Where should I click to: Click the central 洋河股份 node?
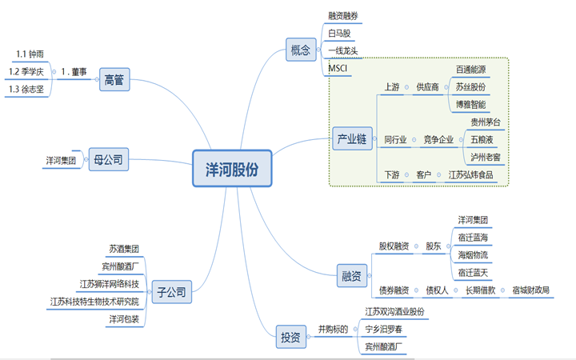232,168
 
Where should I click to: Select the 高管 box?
114,79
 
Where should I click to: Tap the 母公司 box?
108,159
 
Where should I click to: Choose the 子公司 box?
171,292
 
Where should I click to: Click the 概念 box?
301,50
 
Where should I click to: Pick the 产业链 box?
352,138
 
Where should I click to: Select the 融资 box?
351,275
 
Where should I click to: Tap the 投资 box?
290,337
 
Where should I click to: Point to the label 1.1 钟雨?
30,54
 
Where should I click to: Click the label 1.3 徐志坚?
26,89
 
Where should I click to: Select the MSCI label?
338,68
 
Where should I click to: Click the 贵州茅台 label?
486,122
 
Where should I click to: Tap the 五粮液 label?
482,139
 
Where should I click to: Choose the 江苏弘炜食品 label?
470,174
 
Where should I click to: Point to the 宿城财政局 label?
531,290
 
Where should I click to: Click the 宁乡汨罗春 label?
383,329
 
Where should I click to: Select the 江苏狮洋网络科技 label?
109,284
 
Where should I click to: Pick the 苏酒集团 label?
124,249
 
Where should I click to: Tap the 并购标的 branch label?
333,329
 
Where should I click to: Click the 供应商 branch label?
427,87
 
